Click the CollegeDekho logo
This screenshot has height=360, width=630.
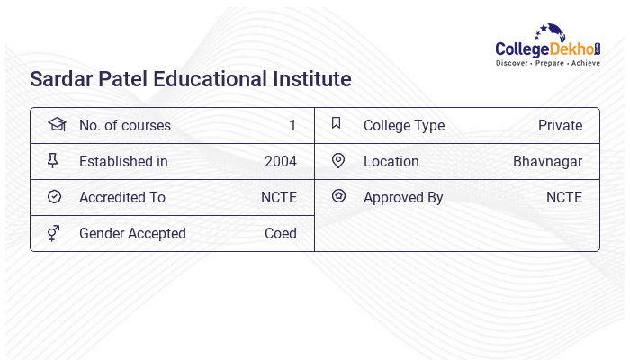(547, 46)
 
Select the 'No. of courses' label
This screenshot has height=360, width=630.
(124, 126)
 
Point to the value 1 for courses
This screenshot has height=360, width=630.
(292, 126)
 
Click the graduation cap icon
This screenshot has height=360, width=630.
(56, 125)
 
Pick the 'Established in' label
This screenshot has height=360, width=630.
(123, 162)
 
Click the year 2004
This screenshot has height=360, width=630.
(281, 162)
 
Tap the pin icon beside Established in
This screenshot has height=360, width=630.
(53, 161)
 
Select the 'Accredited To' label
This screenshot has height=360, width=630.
(122, 198)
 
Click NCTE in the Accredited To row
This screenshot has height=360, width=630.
(278, 198)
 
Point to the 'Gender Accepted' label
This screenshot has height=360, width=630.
(132, 234)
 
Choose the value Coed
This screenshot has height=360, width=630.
(281, 234)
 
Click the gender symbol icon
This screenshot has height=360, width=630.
(53, 233)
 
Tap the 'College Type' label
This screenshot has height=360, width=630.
(404, 126)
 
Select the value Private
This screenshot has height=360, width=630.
(560, 126)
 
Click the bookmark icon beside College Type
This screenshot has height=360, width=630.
(337, 124)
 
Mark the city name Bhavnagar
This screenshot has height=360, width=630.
(547, 162)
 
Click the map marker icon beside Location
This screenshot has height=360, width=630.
(338, 161)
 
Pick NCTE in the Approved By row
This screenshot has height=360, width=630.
(564, 198)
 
